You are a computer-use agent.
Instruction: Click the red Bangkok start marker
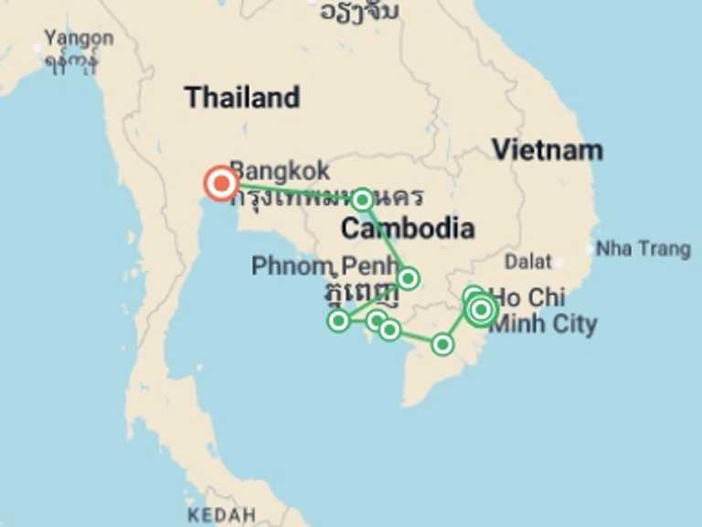(221, 184)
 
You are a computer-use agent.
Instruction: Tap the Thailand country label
(241, 97)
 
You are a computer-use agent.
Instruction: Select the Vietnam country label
(547, 149)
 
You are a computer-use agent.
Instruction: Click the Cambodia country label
(408, 228)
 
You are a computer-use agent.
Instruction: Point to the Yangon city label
(80, 38)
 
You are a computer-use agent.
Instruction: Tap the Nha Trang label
(643, 249)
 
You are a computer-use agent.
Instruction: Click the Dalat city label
(528, 262)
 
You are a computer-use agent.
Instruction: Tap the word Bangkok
(280, 171)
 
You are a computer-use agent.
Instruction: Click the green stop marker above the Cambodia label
(362, 199)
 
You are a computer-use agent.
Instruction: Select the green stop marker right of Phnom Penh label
(408, 278)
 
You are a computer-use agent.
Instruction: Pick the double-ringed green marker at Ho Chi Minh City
(481, 310)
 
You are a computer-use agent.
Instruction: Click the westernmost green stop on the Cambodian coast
(339, 319)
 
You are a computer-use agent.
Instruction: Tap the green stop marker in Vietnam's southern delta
(442, 344)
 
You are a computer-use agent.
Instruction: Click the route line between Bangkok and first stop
(292, 190)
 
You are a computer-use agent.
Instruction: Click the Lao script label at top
(359, 11)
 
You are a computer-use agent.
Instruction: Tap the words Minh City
(545, 323)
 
